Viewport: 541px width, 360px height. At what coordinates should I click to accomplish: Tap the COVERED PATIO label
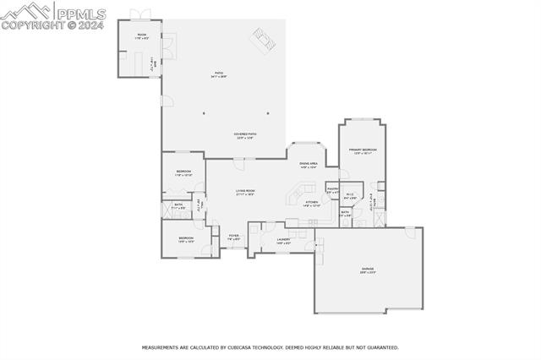click(x=245, y=135)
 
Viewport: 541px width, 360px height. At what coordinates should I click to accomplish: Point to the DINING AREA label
click(x=308, y=165)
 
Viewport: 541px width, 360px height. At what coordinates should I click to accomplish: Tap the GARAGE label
click(x=369, y=270)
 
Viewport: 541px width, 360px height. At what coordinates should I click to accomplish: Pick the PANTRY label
click(x=333, y=190)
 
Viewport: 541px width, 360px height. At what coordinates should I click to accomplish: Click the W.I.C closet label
click(x=350, y=196)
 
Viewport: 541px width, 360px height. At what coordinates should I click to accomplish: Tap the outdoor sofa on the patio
click(x=264, y=39)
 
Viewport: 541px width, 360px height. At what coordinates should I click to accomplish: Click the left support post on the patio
click(x=203, y=112)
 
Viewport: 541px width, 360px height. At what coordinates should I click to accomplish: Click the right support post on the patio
click(x=268, y=112)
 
